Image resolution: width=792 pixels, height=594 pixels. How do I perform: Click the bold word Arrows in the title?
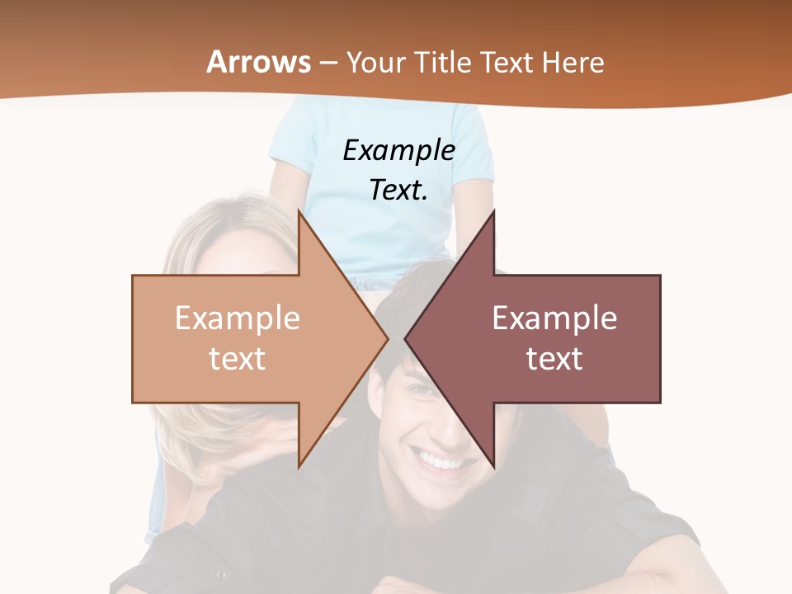tap(259, 62)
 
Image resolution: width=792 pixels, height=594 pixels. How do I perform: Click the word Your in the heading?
tap(373, 62)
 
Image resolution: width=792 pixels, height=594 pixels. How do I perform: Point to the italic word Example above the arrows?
tap(398, 150)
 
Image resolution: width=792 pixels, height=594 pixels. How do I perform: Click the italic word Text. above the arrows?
tap(398, 190)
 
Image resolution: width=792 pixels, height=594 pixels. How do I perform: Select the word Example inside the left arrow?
tap(237, 318)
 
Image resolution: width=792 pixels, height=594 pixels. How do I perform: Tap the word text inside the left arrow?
tap(237, 359)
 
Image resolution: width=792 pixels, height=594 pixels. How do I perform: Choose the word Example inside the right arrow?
tap(554, 318)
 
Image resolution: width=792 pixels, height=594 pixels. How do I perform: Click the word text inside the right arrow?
tap(554, 359)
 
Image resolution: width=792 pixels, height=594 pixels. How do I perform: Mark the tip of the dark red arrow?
tap(406, 338)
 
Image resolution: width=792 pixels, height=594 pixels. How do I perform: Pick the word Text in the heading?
tap(507, 62)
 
